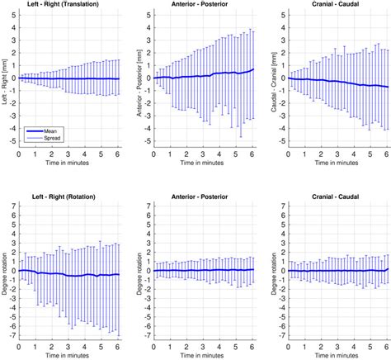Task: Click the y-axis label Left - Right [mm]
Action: (x=5, y=79)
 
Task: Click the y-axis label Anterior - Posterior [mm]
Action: (x=137, y=79)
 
